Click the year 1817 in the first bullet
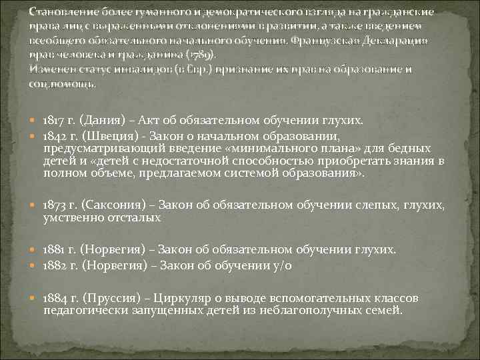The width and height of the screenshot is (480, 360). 52,120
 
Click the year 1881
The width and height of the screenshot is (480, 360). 52,249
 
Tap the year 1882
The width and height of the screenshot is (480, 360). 53,265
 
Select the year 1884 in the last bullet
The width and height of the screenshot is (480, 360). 53,297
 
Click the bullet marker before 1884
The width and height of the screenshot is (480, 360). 35,297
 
